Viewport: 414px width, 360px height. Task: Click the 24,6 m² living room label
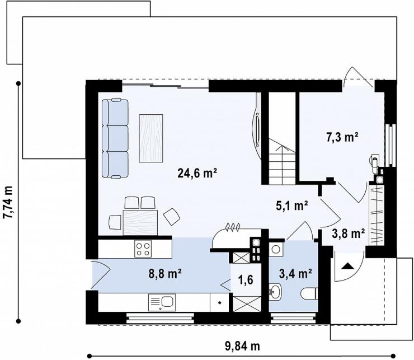coord(197,173)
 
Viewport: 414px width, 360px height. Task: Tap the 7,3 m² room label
coord(342,137)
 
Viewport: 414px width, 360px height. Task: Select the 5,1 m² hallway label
coord(292,205)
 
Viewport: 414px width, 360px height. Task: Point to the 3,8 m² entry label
coord(348,233)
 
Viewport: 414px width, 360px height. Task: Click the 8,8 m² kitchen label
coord(164,274)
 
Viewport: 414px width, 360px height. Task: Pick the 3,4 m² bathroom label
coord(296,274)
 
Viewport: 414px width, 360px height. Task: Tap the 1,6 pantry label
coord(246,279)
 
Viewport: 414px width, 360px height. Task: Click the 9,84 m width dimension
coord(242,346)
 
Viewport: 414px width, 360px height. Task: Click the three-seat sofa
coord(115,138)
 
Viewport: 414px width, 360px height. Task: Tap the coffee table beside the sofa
coord(150,138)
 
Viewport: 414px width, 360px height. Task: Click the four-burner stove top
coord(143,249)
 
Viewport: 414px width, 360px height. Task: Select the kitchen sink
coord(162,303)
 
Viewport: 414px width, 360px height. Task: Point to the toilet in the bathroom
coord(309,293)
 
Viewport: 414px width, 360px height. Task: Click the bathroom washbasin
coord(275,292)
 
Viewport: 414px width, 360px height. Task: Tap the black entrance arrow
coord(347,266)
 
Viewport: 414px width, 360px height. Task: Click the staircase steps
coord(282,165)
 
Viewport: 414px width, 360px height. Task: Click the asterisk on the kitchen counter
coord(219,302)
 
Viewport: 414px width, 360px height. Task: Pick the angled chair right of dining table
coord(172,217)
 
